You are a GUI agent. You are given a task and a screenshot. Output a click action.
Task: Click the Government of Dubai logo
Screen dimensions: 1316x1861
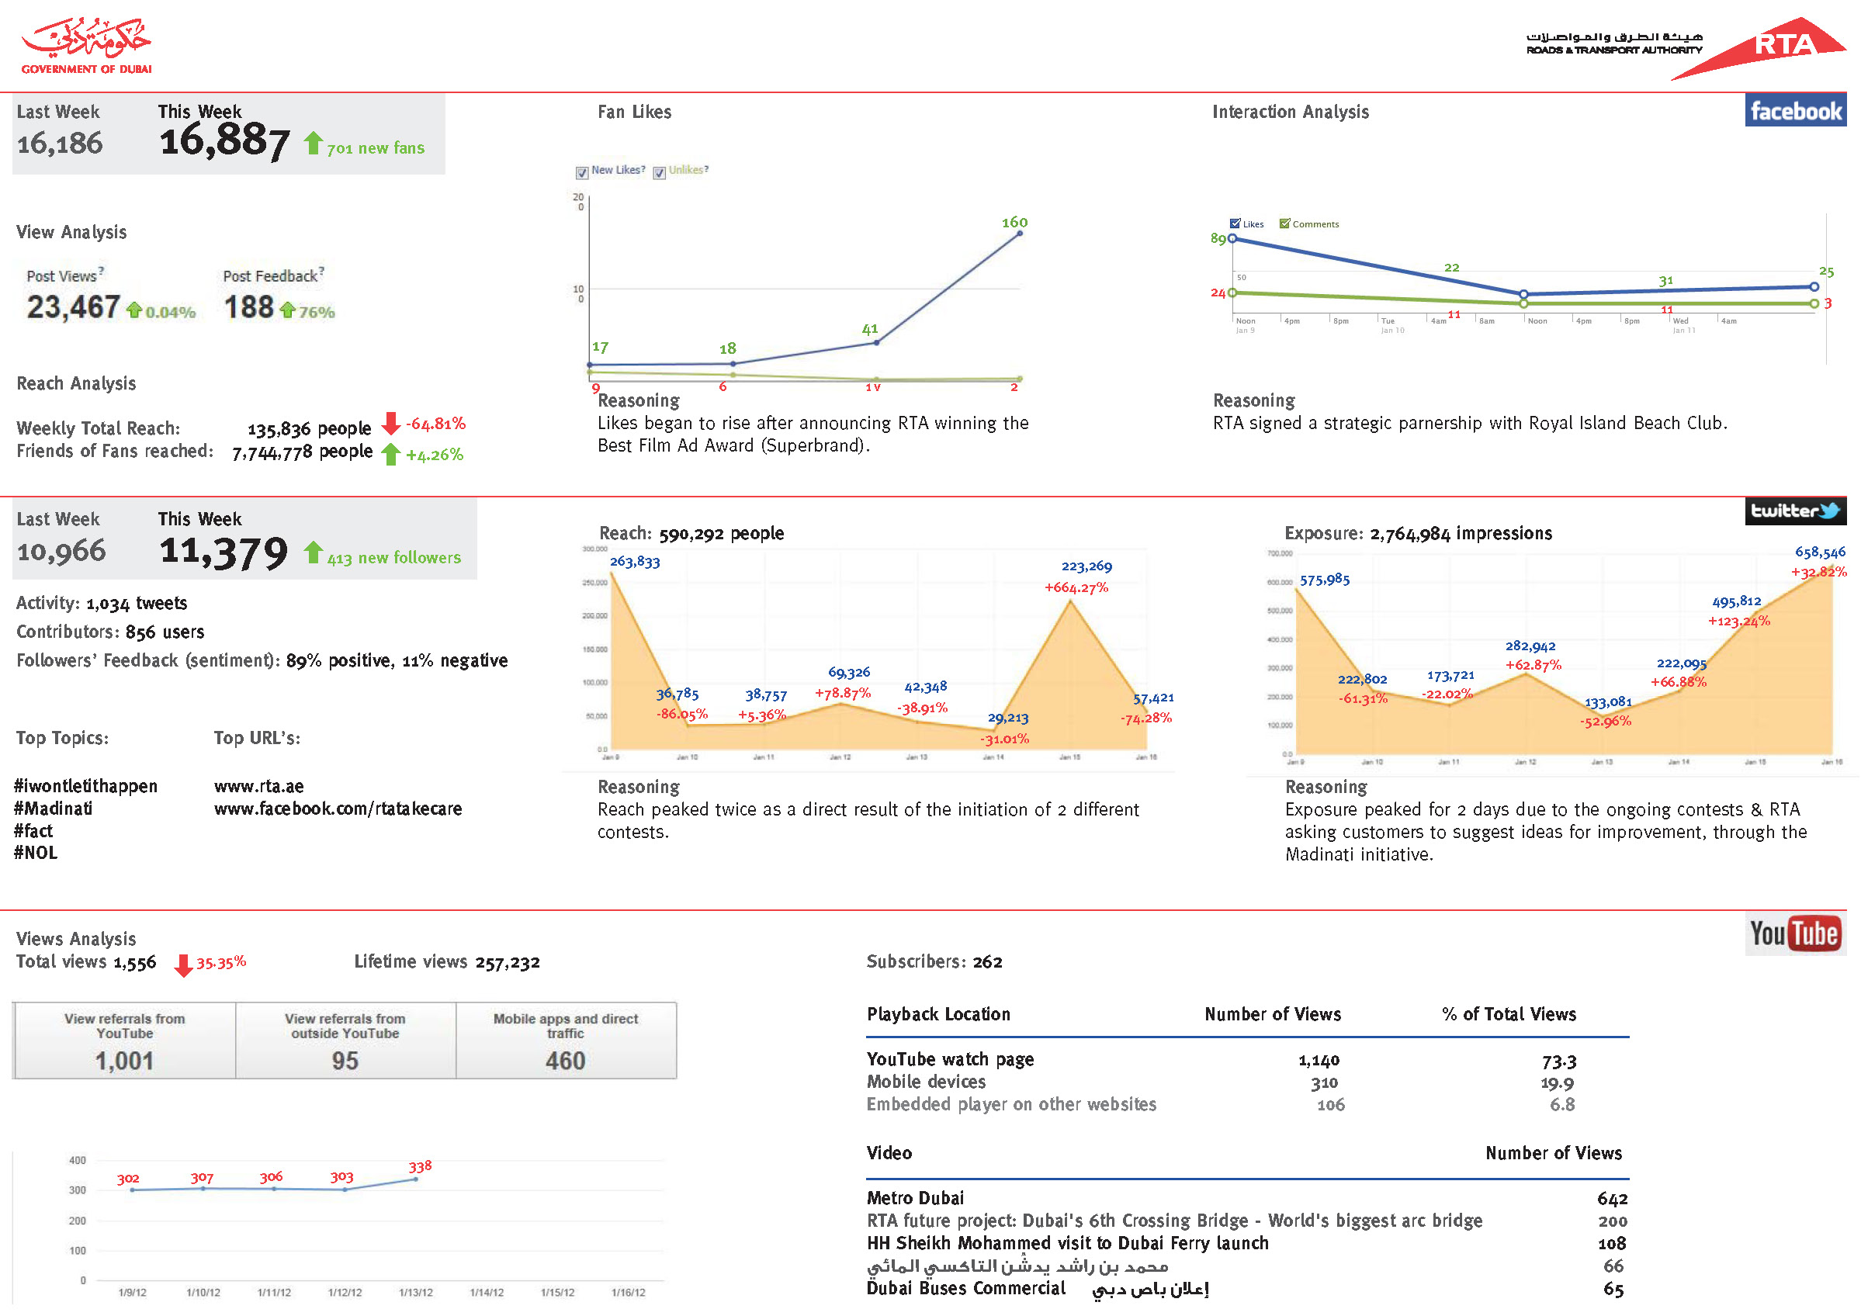[x=87, y=47]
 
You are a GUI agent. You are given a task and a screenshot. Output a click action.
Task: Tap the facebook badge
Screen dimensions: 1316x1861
[x=1794, y=111]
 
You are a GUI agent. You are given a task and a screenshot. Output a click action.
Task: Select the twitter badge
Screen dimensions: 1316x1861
[x=1794, y=511]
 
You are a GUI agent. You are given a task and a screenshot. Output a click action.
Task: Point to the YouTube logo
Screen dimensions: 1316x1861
[x=1794, y=934]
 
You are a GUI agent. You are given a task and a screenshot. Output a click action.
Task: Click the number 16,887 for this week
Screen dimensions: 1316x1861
[x=224, y=142]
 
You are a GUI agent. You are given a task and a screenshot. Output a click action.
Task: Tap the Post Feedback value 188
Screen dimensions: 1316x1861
[x=249, y=308]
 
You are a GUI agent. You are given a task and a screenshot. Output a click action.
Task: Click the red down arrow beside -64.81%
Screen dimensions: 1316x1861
[x=390, y=424]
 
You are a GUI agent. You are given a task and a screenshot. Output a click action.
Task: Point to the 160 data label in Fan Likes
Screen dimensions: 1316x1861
[x=1014, y=223]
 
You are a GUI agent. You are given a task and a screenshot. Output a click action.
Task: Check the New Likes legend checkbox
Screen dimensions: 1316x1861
[x=582, y=172]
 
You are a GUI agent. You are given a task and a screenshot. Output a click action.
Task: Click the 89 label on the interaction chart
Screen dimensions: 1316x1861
[x=1218, y=239]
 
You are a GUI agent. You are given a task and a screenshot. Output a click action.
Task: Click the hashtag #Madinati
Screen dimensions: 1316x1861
[x=54, y=809]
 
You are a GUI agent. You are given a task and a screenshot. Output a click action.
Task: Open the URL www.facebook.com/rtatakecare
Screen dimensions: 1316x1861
[x=338, y=809]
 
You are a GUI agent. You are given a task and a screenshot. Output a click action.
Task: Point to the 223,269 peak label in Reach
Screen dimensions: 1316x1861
[x=1086, y=566]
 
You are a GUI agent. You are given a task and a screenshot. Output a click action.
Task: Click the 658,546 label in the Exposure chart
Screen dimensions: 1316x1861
[x=1820, y=552]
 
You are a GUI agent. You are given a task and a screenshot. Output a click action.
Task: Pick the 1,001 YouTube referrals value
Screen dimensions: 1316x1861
[x=124, y=1061]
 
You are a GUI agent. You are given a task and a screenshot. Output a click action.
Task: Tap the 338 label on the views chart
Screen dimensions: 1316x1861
[x=420, y=1167]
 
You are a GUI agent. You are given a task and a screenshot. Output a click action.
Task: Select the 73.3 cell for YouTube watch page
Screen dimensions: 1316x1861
[x=1558, y=1061]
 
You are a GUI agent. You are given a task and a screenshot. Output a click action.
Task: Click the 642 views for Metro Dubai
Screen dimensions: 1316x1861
[x=1611, y=1199]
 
